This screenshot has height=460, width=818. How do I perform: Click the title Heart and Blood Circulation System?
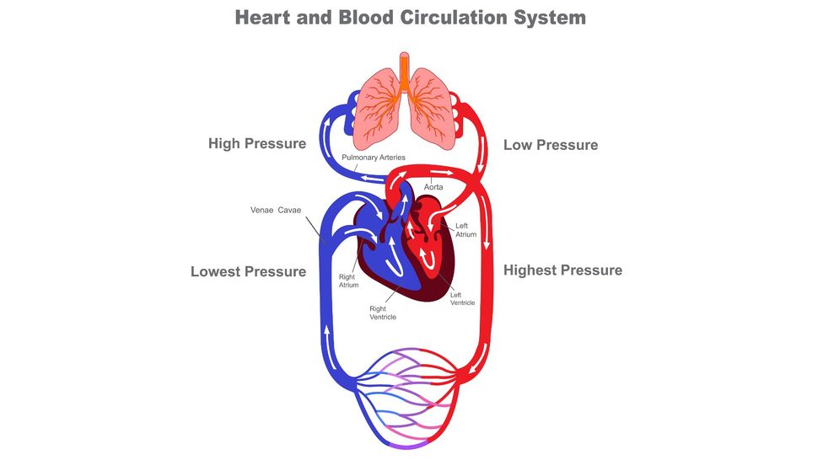(x=410, y=17)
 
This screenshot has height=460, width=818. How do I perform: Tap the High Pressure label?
(x=256, y=144)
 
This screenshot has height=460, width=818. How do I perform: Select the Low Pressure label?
(x=551, y=145)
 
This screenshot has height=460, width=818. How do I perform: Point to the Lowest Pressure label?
(x=248, y=272)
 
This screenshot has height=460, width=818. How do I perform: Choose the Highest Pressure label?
(x=562, y=270)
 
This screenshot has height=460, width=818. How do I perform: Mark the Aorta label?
(x=433, y=186)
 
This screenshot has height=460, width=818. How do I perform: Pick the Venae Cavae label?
(x=276, y=210)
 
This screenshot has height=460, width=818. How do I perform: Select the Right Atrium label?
(x=348, y=281)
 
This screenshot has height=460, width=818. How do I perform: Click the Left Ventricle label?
(x=462, y=298)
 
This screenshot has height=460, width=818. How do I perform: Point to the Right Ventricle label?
(x=382, y=313)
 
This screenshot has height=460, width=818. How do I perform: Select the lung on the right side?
(x=433, y=114)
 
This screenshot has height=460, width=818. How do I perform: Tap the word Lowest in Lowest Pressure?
(x=216, y=272)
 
